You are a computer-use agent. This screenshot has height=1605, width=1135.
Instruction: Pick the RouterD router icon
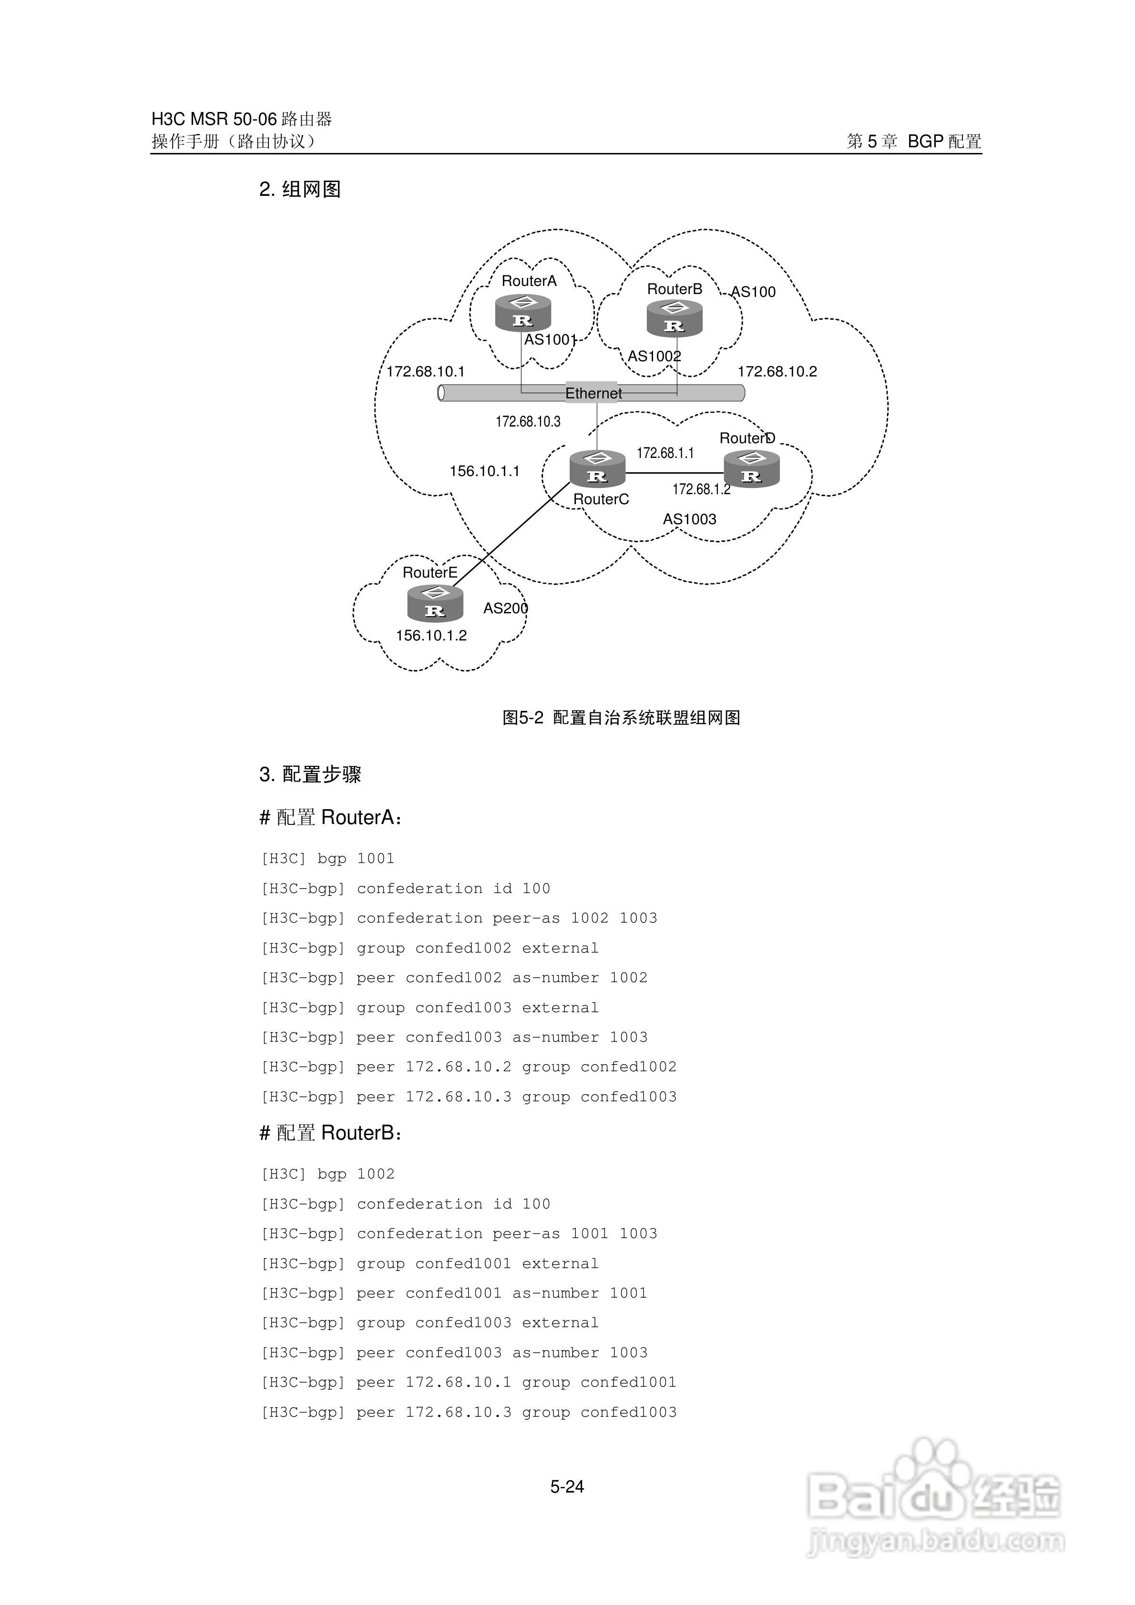click(x=751, y=468)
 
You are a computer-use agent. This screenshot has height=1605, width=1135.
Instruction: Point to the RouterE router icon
click(x=435, y=603)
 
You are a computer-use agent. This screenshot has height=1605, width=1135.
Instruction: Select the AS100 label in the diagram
click(x=753, y=292)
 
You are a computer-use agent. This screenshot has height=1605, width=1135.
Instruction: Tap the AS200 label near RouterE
click(x=506, y=608)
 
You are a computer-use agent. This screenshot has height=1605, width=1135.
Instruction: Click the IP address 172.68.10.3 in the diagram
click(x=528, y=422)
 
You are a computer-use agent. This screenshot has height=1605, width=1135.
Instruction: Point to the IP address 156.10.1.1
click(x=485, y=471)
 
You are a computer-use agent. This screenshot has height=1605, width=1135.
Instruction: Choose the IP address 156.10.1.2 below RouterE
click(x=431, y=635)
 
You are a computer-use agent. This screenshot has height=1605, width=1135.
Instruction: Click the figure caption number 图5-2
click(x=522, y=718)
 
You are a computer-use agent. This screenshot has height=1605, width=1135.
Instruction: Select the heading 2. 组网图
click(x=300, y=190)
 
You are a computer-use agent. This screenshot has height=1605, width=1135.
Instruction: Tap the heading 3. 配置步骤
click(x=310, y=774)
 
